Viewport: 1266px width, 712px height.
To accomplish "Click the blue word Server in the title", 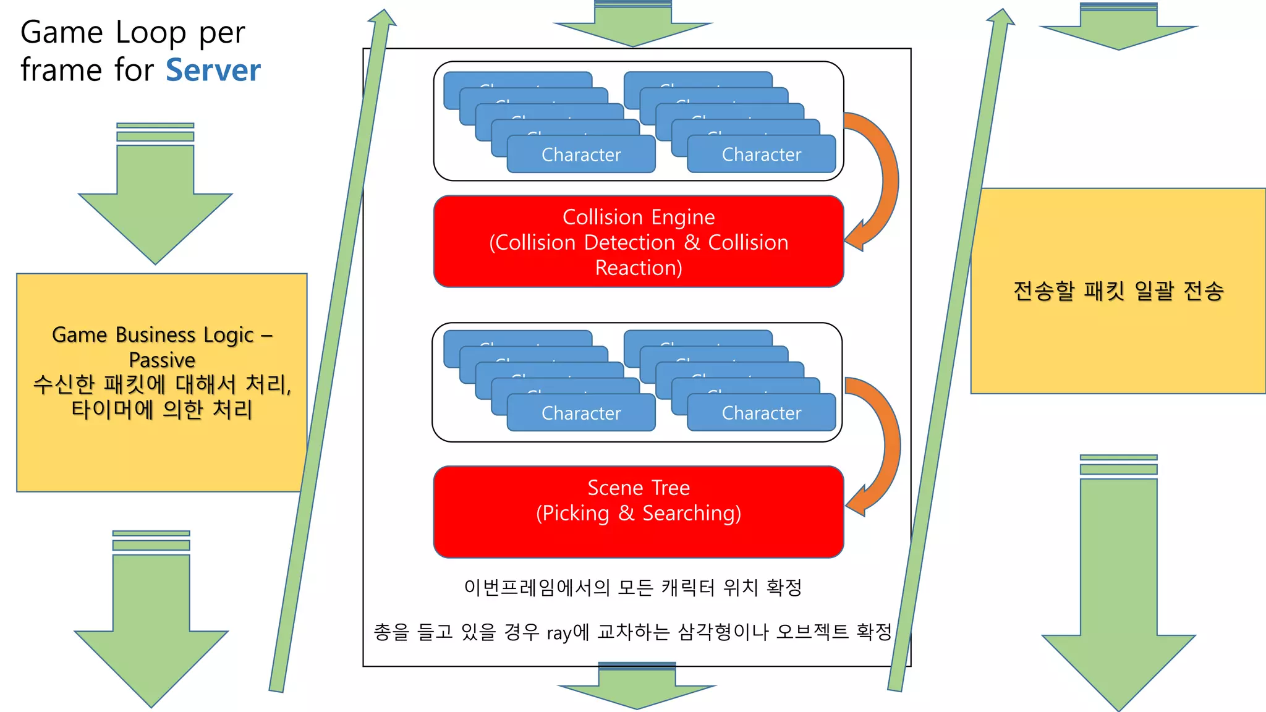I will (213, 70).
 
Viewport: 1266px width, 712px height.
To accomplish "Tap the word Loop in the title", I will (151, 33).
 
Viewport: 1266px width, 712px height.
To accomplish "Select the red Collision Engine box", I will (639, 242).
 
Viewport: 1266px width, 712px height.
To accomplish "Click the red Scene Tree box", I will (639, 512).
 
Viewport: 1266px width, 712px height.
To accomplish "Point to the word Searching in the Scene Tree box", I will (691, 514).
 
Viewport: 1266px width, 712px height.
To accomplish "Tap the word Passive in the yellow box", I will (162, 360).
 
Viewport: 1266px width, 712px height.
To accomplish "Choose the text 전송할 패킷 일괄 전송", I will (1118, 290).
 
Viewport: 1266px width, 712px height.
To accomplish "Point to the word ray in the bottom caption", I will (559, 633).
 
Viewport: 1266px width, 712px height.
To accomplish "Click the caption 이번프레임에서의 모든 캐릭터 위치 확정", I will (633, 587).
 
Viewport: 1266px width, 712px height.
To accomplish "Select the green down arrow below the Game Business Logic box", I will (151, 618).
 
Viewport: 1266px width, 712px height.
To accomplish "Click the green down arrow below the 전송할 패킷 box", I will (1118, 587).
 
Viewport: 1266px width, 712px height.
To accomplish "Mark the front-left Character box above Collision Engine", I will (581, 155).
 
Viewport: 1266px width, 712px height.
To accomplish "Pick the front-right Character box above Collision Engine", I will (762, 155).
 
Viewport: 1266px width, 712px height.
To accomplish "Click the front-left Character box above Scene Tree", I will (581, 413).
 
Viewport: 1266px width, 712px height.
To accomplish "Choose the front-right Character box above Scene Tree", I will (762, 413).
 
